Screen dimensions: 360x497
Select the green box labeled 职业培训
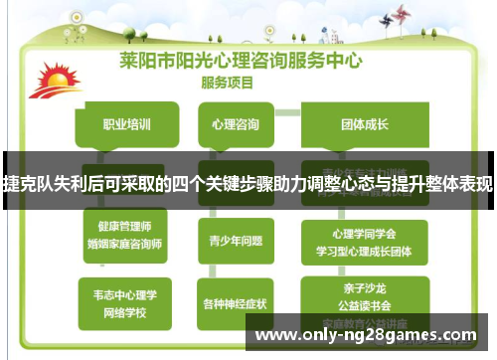tap(127, 124)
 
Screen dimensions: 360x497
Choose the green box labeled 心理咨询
tap(236, 124)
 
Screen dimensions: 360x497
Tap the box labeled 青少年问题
tap(236, 240)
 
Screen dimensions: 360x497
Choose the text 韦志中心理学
tap(125, 294)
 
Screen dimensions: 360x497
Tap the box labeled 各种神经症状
tap(235, 303)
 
